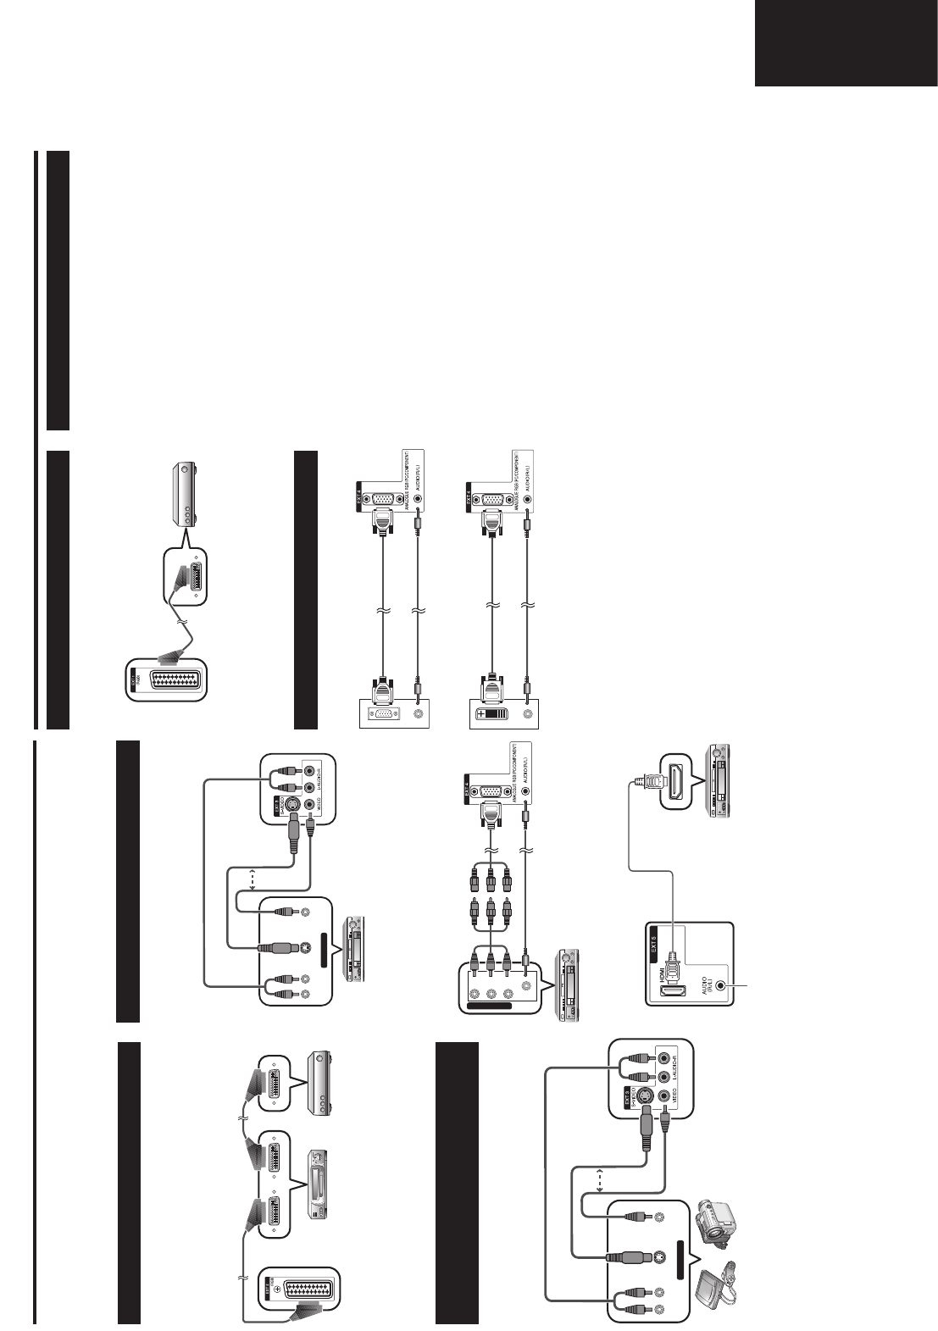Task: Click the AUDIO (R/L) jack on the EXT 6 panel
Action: point(721,985)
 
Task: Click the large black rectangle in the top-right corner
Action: point(845,43)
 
